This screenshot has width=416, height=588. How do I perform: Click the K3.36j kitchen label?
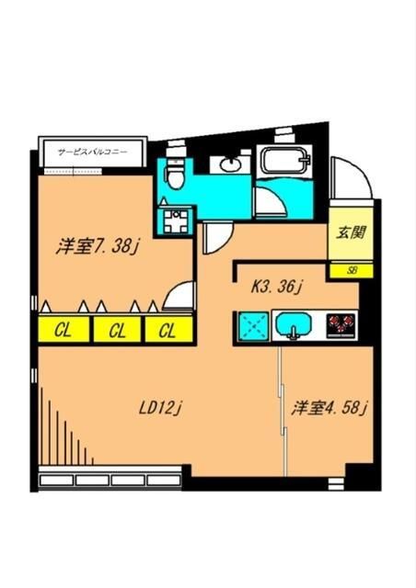click(x=278, y=286)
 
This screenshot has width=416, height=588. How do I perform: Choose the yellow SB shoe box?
click(x=351, y=270)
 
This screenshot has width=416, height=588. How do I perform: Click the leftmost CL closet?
click(x=63, y=329)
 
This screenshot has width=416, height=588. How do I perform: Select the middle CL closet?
click(x=116, y=329)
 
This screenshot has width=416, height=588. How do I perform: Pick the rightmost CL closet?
click(x=167, y=329)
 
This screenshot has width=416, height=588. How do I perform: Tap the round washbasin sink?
click(x=230, y=166)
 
